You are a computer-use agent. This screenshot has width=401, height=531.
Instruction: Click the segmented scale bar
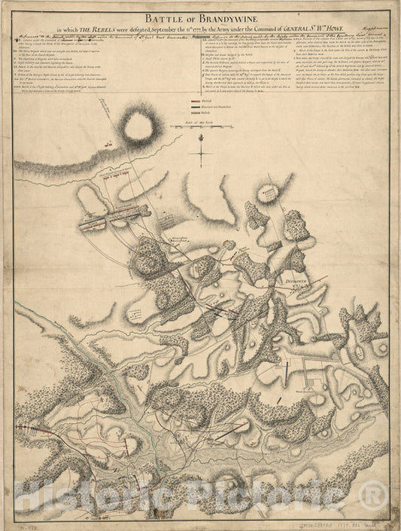tap(199, 129)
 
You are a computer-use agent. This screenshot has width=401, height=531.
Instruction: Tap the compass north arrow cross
tap(201, 153)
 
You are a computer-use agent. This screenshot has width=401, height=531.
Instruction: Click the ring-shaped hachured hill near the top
tap(138, 127)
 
